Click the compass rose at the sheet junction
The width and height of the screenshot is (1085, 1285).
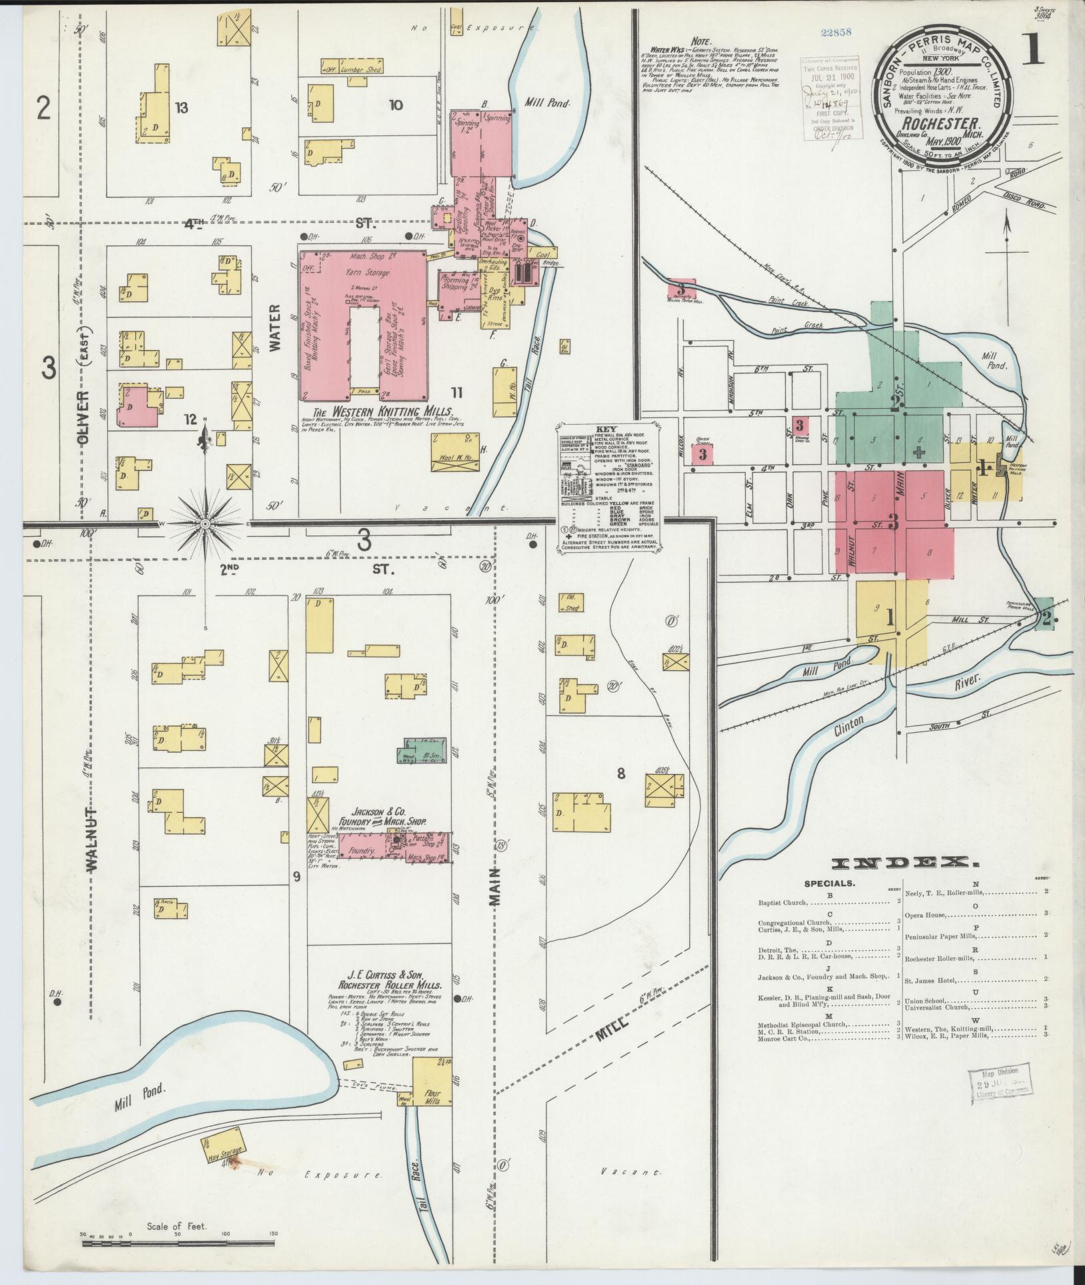pos(206,524)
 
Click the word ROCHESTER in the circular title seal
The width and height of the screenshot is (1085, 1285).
pos(940,124)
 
